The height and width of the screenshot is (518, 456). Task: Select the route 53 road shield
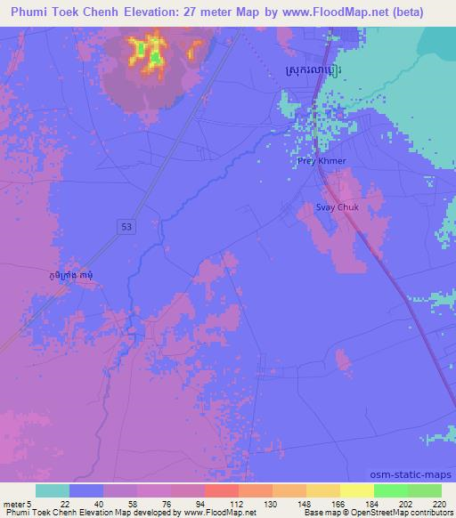tap(128, 227)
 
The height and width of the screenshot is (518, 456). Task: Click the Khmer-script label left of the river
tap(72, 277)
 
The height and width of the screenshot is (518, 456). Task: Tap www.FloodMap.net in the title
tap(338, 12)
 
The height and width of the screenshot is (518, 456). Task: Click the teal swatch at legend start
tap(53, 490)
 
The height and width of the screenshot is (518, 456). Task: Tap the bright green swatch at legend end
tap(425, 490)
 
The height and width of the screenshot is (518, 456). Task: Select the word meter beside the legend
tap(16, 503)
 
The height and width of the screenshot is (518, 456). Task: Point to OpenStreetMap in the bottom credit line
tap(377, 513)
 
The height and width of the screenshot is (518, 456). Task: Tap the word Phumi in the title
tap(33, 12)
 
